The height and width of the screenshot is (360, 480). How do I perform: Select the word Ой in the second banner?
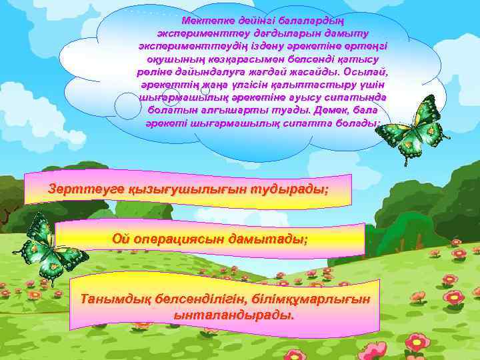pyautogui.click(x=121, y=238)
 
